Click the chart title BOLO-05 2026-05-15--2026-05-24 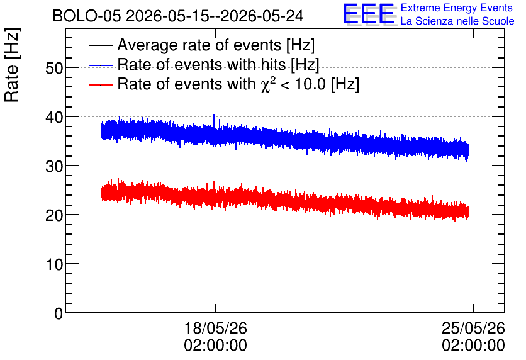[x=178, y=16]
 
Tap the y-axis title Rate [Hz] [x=12, y=65]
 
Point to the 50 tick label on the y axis [x=54, y=68]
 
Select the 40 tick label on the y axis [x=54, y=117]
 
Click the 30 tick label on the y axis [x=54, y=166]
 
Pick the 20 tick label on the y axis [x=54, y=215]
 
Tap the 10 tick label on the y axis [x=54, y=264]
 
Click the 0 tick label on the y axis [x=59, y=313]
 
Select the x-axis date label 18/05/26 [x=216, y=328]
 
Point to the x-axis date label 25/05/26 [x=473, y=328]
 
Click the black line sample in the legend [x=100, y=45]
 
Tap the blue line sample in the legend [x=100, y=65]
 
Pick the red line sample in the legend [x=100, y=84]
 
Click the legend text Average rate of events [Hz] [x=216, y=45]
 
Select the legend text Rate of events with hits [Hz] [x=218, y=64]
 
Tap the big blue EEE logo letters [x=369, y=14]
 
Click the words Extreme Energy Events [x=457, y=8]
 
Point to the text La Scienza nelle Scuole [x=457, y=21]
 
